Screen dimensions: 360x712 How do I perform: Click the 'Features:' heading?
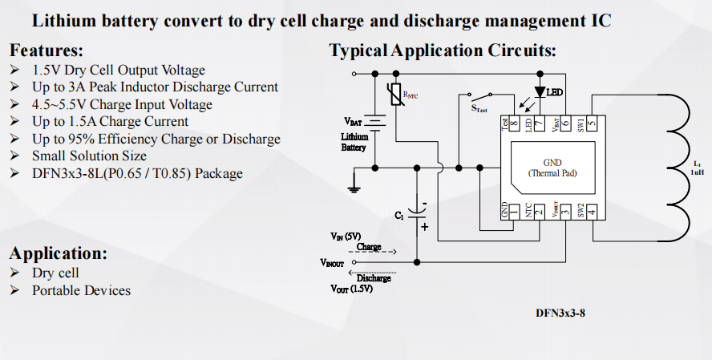(47, 50)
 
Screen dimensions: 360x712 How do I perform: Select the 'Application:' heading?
(59, 253)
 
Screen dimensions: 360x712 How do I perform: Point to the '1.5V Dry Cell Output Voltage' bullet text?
(118, 71)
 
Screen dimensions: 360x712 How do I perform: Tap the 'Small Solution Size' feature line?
(89, 156)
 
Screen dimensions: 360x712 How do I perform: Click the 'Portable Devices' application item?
(81, 290)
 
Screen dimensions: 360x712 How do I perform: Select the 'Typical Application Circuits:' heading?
(443, 51)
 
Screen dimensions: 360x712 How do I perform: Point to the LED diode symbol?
(540, 94)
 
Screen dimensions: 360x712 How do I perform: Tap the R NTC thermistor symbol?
(394, 96)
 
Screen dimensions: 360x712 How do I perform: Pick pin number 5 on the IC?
(591, 123)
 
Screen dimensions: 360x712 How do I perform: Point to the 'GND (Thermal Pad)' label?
(552, 167)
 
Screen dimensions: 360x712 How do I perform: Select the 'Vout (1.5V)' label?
(351, 289)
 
